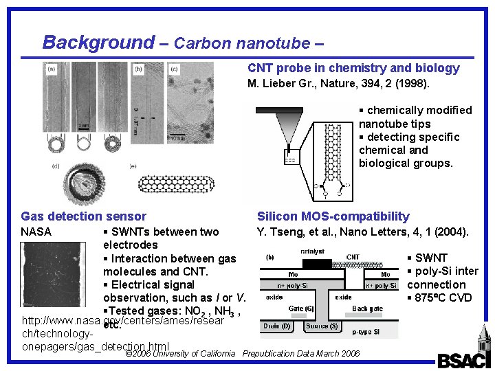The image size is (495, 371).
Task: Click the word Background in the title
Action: click(98, 43)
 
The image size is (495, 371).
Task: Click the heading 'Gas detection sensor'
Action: click(84, 216)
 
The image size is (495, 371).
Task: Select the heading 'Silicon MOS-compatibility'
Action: click(333, 216)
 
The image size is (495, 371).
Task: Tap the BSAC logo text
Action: click(461, 360)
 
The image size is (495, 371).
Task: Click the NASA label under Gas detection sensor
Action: click(36, 232)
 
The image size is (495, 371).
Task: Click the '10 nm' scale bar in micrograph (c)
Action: click(178, 136)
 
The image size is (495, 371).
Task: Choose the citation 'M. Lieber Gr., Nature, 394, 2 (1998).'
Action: click(338, 84)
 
